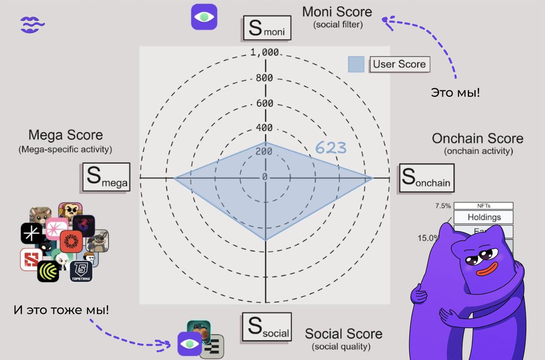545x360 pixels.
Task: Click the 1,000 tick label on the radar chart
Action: pyautogui.click(x=264, y=52)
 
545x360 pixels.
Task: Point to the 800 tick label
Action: pyautogui.click(x=264, y=78)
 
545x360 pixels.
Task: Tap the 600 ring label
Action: pyautogui.click(x=264, y=104)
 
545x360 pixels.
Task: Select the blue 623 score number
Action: pyautogui.click(x=331, y=148)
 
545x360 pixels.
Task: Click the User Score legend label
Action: pyautogui.click(x=399, y=64)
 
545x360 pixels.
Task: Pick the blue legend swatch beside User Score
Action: pyautogui.click(x=356, y=64)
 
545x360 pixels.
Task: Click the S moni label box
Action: pyautogui.click(x=267, y=28)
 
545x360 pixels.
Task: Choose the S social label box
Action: pyautogui.click(x=267, y=327)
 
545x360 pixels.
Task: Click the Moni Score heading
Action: pyautogui.click(x=337, y=12)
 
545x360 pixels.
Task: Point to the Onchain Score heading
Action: pyautogui.click(x=478, y=138)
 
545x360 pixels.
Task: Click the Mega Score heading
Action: pyautogui.click(x=66, y=135)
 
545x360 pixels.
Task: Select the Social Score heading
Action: pyautogui.click(x=344, y=334)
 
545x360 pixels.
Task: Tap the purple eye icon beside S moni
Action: pyautogui.click(x=204, y=17)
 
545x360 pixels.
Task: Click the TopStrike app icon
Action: pyautogui.click(x=81, y=271)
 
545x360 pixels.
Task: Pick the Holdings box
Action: pyautogui.click(x=484, y=217)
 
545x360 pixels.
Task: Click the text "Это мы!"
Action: pyautogui.click(x=455, y=92)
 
